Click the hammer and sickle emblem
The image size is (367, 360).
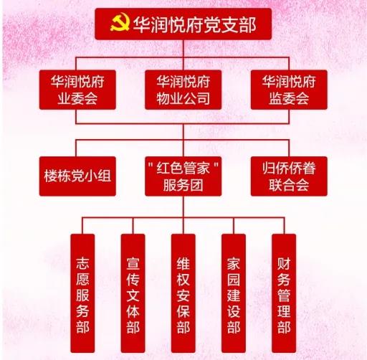click(120, 22)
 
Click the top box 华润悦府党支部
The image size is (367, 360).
click(183, 24)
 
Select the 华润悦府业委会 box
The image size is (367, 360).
click(77, 90)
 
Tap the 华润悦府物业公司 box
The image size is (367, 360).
click(183, 90)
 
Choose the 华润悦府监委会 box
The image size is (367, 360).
click(289, 90)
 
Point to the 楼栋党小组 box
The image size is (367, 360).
click(77, 176)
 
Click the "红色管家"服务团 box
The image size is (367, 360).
click(183, 176)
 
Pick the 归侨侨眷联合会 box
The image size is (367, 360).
click(289, 176)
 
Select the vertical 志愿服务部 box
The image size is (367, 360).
click(82, 293)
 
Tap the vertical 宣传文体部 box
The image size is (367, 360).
click(133, 293)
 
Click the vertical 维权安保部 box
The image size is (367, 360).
click(183, 293)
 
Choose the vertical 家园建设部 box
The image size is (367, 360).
click(234, 293)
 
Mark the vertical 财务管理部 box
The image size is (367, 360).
click(284, 293)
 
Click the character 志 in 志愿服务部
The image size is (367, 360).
click(82, 263)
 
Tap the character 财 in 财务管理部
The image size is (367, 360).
click(284, 263)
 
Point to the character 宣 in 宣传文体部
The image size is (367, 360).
click(133, 263)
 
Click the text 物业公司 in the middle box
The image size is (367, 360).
click(183, 98)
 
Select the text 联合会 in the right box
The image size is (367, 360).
click(289, 185)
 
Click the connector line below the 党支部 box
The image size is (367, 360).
click(183, 49)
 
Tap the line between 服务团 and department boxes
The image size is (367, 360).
click(183, 207)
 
